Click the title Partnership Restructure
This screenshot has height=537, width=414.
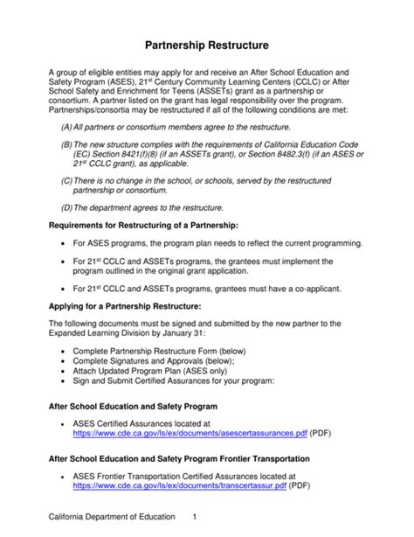click(x=207, y=43)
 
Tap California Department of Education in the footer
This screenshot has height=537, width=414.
click(x=111, y=518)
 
